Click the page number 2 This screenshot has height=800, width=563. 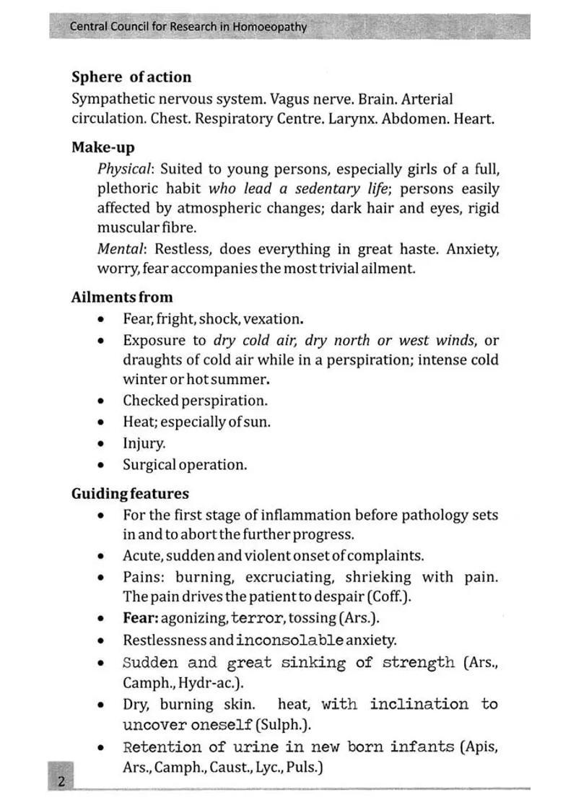click(x=61, y=781)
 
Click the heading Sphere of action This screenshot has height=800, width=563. click(x=131, y=77)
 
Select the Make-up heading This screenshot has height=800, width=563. click(x=102, y=147)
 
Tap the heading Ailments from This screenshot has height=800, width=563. click(x=122, y=297)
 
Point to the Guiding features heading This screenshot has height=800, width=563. click(x=130, y=494)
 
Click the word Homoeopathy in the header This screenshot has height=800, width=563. click(x=270, y=27)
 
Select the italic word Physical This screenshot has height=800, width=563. click(x=125, y=169)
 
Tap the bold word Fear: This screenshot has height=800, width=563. click(x=140, y=618)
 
